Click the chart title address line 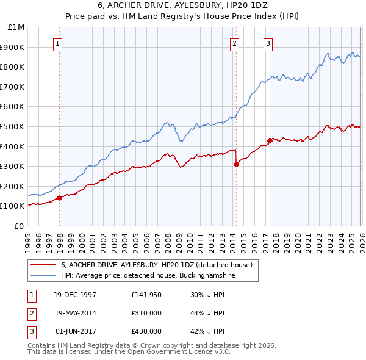[x=182, y=5]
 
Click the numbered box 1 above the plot [x=57, y=43]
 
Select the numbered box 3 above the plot [x=268, y=43]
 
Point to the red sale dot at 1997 [x=60, y=198]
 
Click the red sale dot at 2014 [x=236, y=164]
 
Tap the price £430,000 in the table [x=146, y=331]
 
